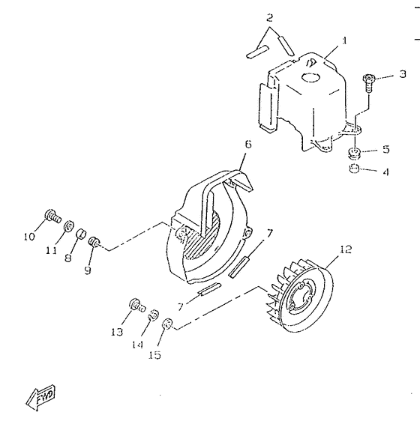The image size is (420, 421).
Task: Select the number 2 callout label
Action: point(270,17)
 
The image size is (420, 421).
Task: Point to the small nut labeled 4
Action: point(353,169)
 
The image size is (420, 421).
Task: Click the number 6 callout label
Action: point(247,143)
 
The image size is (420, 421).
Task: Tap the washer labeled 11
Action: point(68,225)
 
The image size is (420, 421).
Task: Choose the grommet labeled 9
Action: point(95,243)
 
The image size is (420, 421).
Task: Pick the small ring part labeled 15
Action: point(166,323)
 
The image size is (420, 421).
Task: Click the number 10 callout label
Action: point(30,237)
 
